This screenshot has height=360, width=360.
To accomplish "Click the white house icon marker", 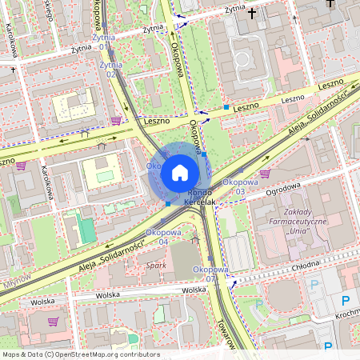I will click(x=180, y=173).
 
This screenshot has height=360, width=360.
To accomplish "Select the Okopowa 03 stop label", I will click(x=234, y=186).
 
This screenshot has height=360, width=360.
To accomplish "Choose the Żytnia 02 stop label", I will click(x=111, y=69).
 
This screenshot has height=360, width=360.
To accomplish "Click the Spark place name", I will click(x=156, y=264).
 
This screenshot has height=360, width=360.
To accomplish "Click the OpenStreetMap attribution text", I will click(x=81, y=354).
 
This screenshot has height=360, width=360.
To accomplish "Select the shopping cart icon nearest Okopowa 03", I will click(x=265, y=173).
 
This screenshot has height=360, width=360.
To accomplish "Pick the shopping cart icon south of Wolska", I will click(x=54, y=322).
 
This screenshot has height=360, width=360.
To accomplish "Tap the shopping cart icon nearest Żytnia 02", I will click(x=117, y=121).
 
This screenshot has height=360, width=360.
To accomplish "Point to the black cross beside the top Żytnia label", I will click(x=253, y=13).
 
